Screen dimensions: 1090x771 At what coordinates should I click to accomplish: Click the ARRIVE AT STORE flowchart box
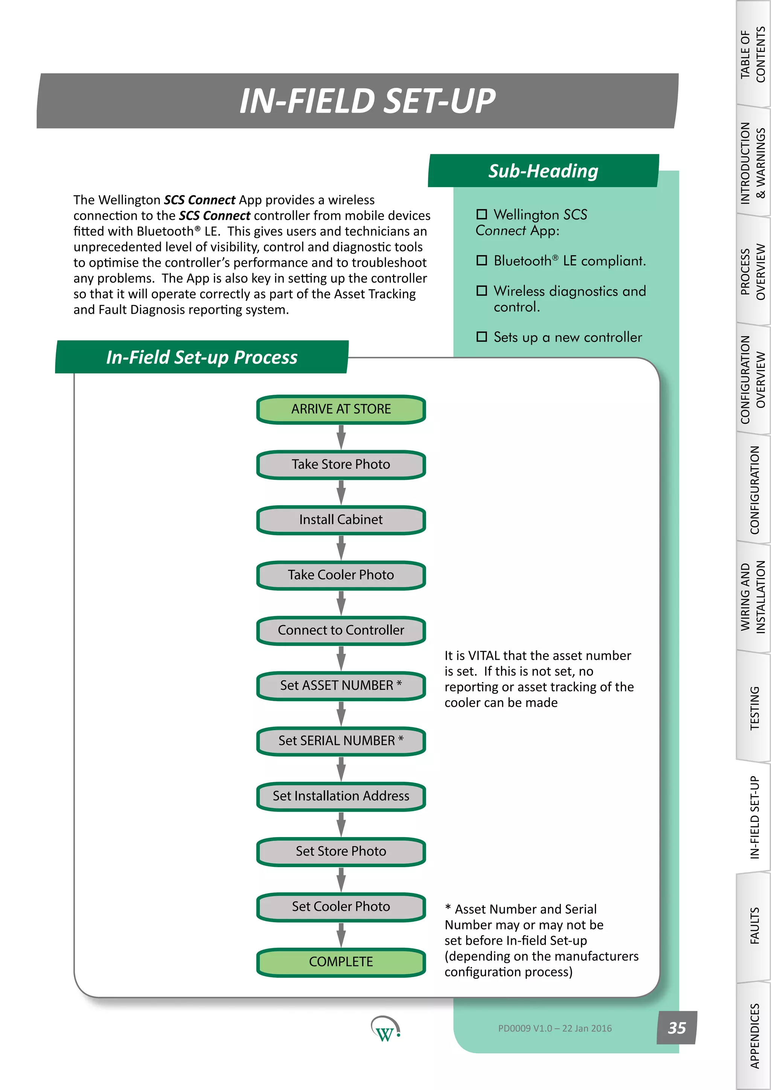(341, 409)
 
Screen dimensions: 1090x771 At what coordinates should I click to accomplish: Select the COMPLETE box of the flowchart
(341, 962)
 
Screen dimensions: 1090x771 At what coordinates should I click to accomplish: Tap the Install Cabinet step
(341, 520)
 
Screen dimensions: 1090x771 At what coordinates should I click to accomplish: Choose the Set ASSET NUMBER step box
(341, 685)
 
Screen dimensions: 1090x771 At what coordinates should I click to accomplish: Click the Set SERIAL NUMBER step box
(341, 741)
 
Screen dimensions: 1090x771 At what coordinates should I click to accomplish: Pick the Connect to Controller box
(341, 630)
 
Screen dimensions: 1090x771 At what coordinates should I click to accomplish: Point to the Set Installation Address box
(341, 796)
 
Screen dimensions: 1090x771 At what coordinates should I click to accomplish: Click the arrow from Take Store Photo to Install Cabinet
(341, 492)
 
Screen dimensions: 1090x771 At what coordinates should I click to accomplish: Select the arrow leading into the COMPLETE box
(341, 934)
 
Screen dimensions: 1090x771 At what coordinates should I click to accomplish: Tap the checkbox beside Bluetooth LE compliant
(481, 260)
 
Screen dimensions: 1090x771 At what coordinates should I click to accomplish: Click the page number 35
(677, 1028)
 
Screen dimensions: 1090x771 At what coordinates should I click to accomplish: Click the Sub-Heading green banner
(543, 171)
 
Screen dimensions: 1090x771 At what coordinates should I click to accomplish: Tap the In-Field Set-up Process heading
(202, 358)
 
